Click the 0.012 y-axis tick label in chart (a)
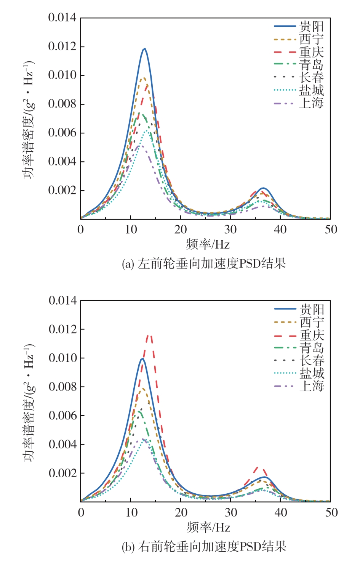pos(62,47)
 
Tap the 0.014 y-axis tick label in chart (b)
pos(62,300)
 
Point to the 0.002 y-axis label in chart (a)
pos(62,190)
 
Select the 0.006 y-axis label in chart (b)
pos(62,416)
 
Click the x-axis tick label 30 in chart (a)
pos(230,230)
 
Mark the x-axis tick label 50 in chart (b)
pos(331,512)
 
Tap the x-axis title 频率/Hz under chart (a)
pos(208,244)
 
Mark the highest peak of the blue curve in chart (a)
pos(144,49)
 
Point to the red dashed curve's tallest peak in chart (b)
pos(149,335)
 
